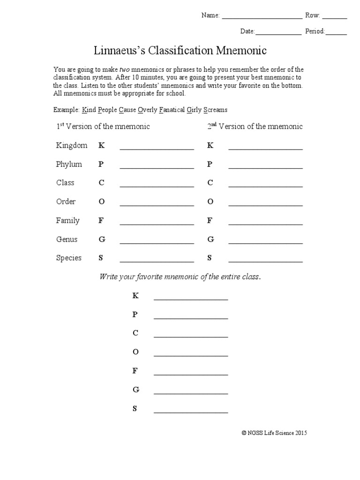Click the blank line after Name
pyautogui.click(x=262, y=18)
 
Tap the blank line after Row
pyautogui.click(x=335, y=18)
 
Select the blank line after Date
pyautogui.click(x=278, y=34)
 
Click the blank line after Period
pyautogui.click(x=336, y=34)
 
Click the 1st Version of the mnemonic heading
pyautogui.click(x=103, y=127)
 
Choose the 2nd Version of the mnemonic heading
pyautogui.click(x=255, y=127)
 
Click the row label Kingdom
pyautogui.click(x=72, y=145)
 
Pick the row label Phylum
pyautogui.click(x=69, y=164)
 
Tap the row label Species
pyautogui.click(x=69, y=258)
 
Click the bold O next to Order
pyautogui.click(x=101, y=202)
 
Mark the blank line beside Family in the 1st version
pyautogui.click(x=157, y=224)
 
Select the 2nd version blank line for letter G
pyautogui.click(x=265, y=242)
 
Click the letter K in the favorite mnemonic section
pyautogui.click(x=135, y=296)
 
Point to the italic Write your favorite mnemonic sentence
pyautogui.click(x=180, y=277)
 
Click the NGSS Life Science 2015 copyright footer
pyautogui.click(x=274, y=434)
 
